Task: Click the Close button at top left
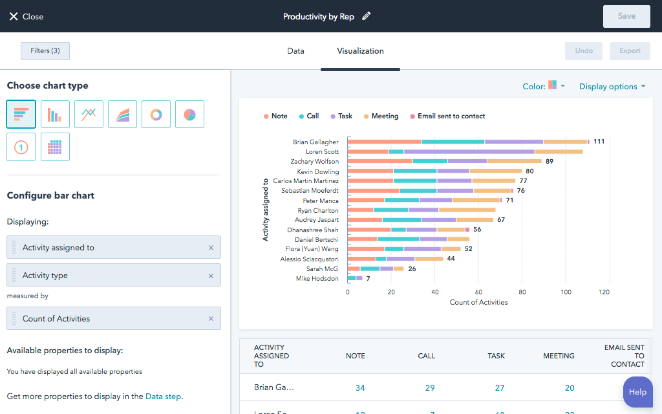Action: [x=26, y=16]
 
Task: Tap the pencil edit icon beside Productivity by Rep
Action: [x=367, y=16]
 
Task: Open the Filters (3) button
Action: [x=45, y=51]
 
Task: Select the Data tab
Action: [x=295, y=51]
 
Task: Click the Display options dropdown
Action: [x=612, y=87]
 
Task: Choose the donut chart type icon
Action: [x=156, y=114]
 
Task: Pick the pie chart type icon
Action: [x=189, y=114]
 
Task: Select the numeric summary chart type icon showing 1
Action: [x=21, y=147]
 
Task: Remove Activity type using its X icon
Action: [x=211, y=276]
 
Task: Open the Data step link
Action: [x=164, y=397]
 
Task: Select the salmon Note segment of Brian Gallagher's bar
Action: [x=384, y=142]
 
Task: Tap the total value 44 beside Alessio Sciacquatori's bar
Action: [x=451, y=259]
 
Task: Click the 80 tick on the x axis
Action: [x=522, y=292]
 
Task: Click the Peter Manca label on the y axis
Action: [x=321, y=201]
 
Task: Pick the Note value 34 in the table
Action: [x=360, y=388]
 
